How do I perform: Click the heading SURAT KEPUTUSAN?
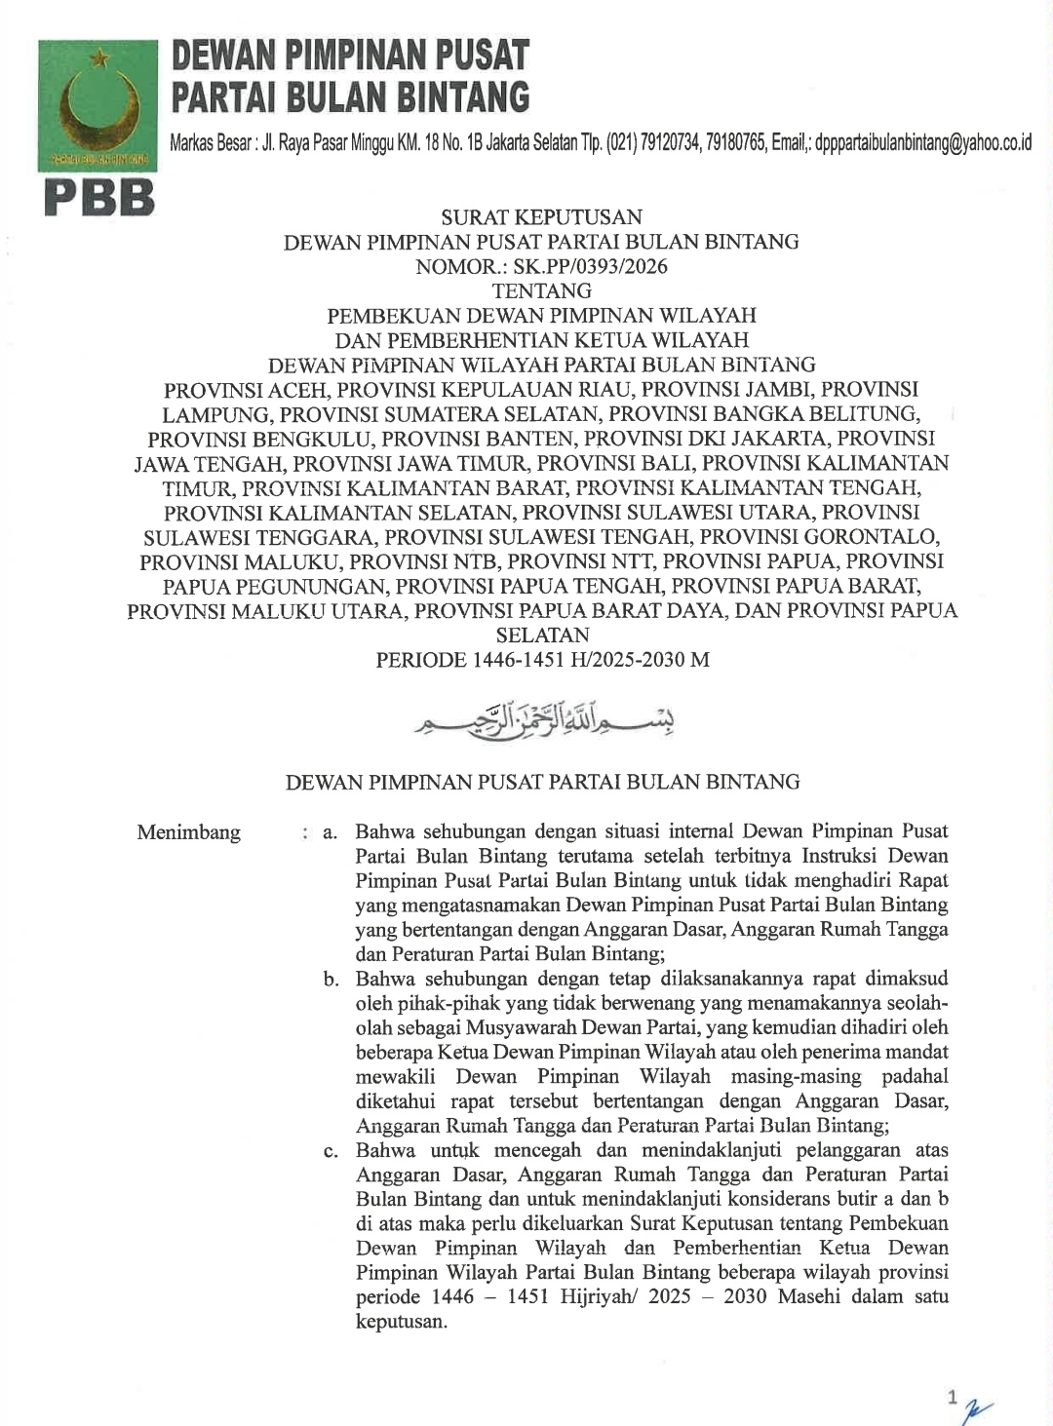click(x=541, y=216)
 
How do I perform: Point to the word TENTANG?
click(x=541, y=290)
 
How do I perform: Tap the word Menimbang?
click(x=188, y=832)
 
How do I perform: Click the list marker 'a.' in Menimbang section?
click(x=331, y=832)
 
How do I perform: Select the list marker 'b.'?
click(x=331, y=979)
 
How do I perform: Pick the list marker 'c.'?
click(x=331, y=1150)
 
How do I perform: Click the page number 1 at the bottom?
click(x=952, y=1397)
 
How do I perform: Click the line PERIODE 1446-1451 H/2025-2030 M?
click(x=542, y=659)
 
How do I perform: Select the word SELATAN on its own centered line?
click(x=542, y=635)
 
